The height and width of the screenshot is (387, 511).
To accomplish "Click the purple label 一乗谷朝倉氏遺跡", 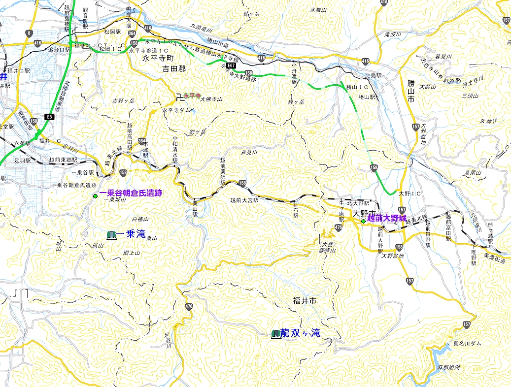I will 131,193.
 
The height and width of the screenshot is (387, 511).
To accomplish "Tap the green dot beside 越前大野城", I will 363,222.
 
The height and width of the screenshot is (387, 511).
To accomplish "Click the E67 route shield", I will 232,64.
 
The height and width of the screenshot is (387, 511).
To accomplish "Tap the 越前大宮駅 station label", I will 244,200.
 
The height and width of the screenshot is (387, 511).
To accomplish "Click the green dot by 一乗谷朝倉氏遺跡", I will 95,196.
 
